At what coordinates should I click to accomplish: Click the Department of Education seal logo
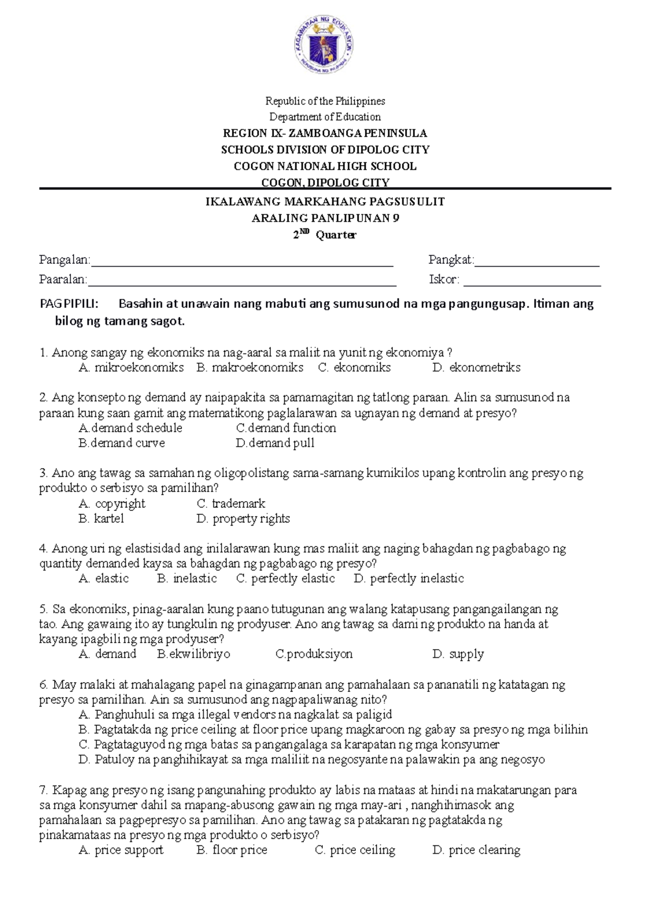point(324,45)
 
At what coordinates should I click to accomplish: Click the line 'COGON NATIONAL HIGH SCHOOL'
point(325,166)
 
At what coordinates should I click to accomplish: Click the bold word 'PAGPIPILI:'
point(69,304)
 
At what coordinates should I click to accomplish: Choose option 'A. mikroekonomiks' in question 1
point(131,368)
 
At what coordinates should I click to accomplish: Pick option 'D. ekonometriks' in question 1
point(476,368)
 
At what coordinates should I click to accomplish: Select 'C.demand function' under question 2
point(286,428)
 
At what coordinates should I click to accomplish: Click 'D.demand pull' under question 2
point(275,443)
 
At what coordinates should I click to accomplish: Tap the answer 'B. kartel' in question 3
point(101,519)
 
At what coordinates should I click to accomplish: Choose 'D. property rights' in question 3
point(243,519)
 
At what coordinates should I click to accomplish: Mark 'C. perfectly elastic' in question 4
point(285,579)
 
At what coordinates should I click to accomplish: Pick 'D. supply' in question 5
point(458,654)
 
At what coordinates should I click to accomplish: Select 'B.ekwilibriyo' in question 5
point(193,654)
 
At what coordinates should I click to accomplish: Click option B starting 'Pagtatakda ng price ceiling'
point(333,729)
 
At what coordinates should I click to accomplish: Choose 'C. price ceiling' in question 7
point(355,850)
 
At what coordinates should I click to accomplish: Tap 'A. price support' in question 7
point(121,850)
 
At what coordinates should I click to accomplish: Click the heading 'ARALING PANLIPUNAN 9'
point(325,218)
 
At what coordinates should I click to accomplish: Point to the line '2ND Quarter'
point(325,235)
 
